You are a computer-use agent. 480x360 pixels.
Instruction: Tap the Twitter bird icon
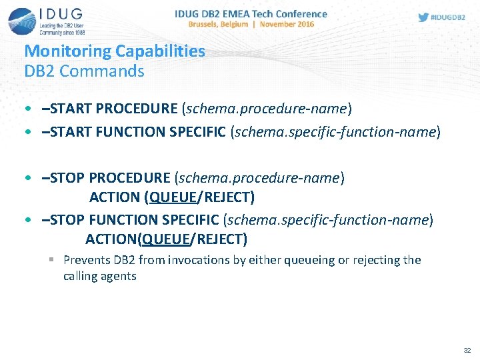coord(423,17)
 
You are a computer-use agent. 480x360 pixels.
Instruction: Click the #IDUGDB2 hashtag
coord(449,17)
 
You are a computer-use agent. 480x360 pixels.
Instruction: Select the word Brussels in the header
coord(207,24)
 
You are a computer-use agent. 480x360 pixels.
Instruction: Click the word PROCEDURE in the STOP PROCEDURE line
coord(129,178)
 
